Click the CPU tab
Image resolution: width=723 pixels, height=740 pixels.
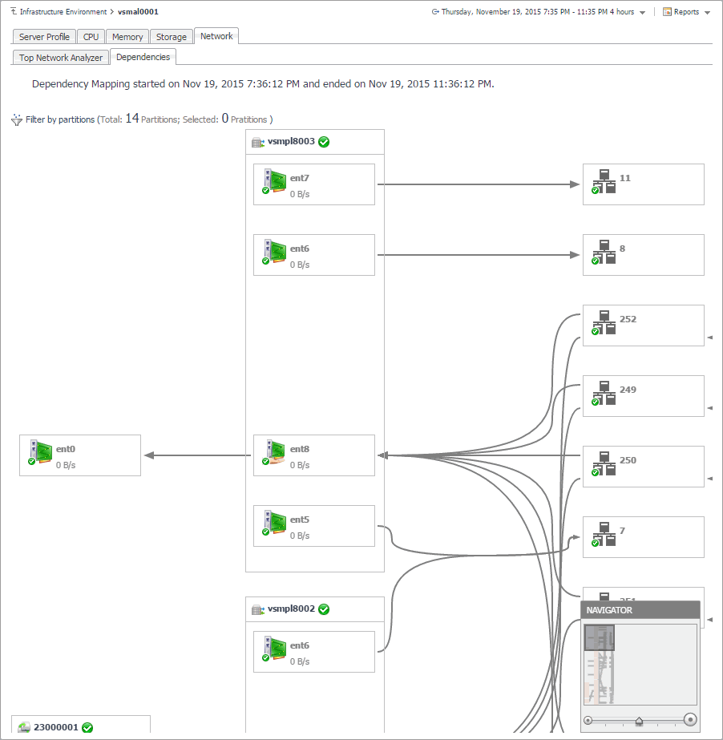[91, 37]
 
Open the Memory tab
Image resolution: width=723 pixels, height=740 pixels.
[127, 37]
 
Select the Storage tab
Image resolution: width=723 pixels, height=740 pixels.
[172, 37]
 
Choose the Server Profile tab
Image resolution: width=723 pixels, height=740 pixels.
[45, 37]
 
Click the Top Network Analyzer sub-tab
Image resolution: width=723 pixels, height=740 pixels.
[61, 58]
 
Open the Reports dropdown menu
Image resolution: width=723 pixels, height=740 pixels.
[686, 12]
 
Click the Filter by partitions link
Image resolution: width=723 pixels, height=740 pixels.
[60, 119]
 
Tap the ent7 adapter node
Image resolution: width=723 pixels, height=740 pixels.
[314, 184]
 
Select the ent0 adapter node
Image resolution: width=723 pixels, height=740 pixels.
[80, 455]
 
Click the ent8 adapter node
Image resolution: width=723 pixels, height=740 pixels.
[314, 455]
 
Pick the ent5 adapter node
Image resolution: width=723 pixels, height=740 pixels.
[314, 526]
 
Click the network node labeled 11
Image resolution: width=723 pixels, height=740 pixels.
[643, 184]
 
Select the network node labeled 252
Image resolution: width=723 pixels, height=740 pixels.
[643, 326]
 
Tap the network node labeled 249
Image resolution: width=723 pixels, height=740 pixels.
[643, 396]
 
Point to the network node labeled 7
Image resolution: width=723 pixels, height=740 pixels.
[643, 537]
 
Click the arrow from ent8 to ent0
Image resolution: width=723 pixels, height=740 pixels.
[197, 455]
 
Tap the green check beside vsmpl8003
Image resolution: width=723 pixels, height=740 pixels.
[324, 142]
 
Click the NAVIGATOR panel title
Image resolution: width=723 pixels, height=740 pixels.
[610, 610]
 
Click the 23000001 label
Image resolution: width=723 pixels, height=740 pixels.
[55, 728]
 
